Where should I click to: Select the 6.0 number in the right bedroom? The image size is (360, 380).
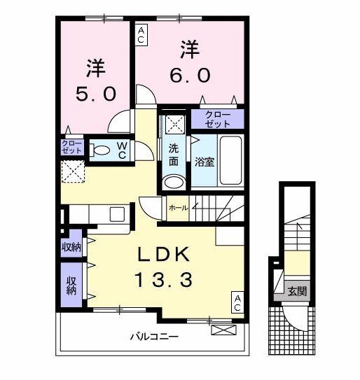[189, 73]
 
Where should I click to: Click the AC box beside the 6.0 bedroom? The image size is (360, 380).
[141, 34]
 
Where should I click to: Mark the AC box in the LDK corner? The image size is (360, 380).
[237, 302]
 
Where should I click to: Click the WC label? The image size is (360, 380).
[121, 149]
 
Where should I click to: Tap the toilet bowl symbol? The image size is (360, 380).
[102, 149]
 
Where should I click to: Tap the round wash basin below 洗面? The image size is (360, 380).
[174, 183]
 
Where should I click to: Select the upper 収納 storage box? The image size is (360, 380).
[71, 246]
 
